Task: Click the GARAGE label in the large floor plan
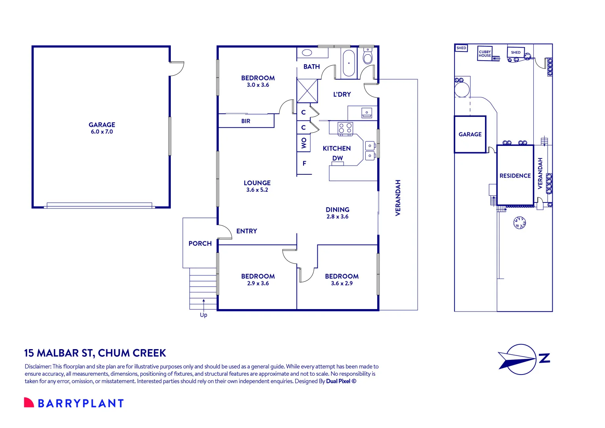pyautogui.click(x=102, y=125)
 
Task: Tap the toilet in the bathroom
pyautogui.click(x=368, y=57)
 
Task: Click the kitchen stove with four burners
pyautogui.click(x=345, y=128)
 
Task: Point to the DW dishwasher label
pyautogui.click(x=338, y=158)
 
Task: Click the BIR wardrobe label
pyautogui.click(x=246, y=121)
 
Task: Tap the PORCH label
pyautogui.click(x=200, y=243)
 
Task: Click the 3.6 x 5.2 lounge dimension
pyautogui.click(x=257, y=190)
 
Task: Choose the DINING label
pyautogui.click(x=338, y=210)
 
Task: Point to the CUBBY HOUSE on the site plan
pyautogui.click(x=485, y=53)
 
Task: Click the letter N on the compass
pyautogui.click(x=545, y=358)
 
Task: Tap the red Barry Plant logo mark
pyautogui.click(x=29, y=403)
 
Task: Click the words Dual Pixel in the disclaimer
pyautogui.click(x=338, y=381)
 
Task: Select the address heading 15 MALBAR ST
pyautogui.click(x=59, y=353)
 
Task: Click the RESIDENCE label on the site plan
pyautogui.click(x=515, y=176)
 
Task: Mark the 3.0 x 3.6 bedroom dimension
pyautogui.click(x=258, y=85)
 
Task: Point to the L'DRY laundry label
pyautogui.click(x=342, y=94)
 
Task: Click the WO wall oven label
pyautogui.click(x=304, y=143)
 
